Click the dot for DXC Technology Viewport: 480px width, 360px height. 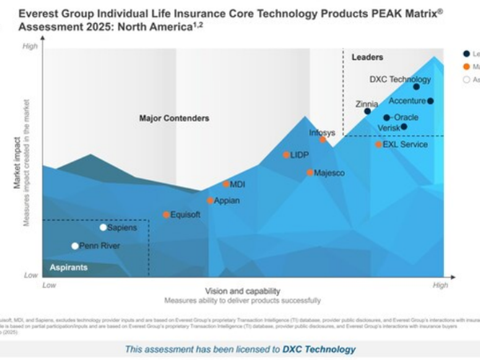pyautogui.click(x=416, y=86)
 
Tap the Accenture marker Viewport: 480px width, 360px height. pyautogui.click(x=430, y=101)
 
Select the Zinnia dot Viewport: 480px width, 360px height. pyautogui.click(x=367, y=111)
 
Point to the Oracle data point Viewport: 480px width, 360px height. pyautogui.click(x=386, y=118)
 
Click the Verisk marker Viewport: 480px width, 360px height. pyautogui.click(x=404, y=126)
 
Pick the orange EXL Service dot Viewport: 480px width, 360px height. pyautogui.click(x=378, y=145)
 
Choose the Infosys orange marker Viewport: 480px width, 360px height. pyautogui.click(x=323, y=139)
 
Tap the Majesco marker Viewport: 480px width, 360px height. pyautogui.click(x=310, y=173)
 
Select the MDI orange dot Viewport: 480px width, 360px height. pyautogui.click(x=226, y=184)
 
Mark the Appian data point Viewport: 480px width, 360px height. pyautogui.click(x=210, y=201)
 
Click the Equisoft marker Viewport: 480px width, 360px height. pyautogui.click(x=166, y=214)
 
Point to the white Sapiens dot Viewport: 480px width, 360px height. pyautogui.click(x=103, y=227)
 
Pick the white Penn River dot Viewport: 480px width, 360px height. pyautogui.click(x=75, y=246)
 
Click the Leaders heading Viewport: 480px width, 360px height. pyautogui.click(x=367, y=58)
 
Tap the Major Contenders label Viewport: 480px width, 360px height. pyautogui.click(x=174, y=118)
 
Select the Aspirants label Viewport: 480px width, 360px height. pyautogui.click(x=69, y=267)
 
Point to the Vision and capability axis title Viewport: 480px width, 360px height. pyautogui.click(x=242, y=291)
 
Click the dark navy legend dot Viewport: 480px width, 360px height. pyautogui.click(x=466, y=54)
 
